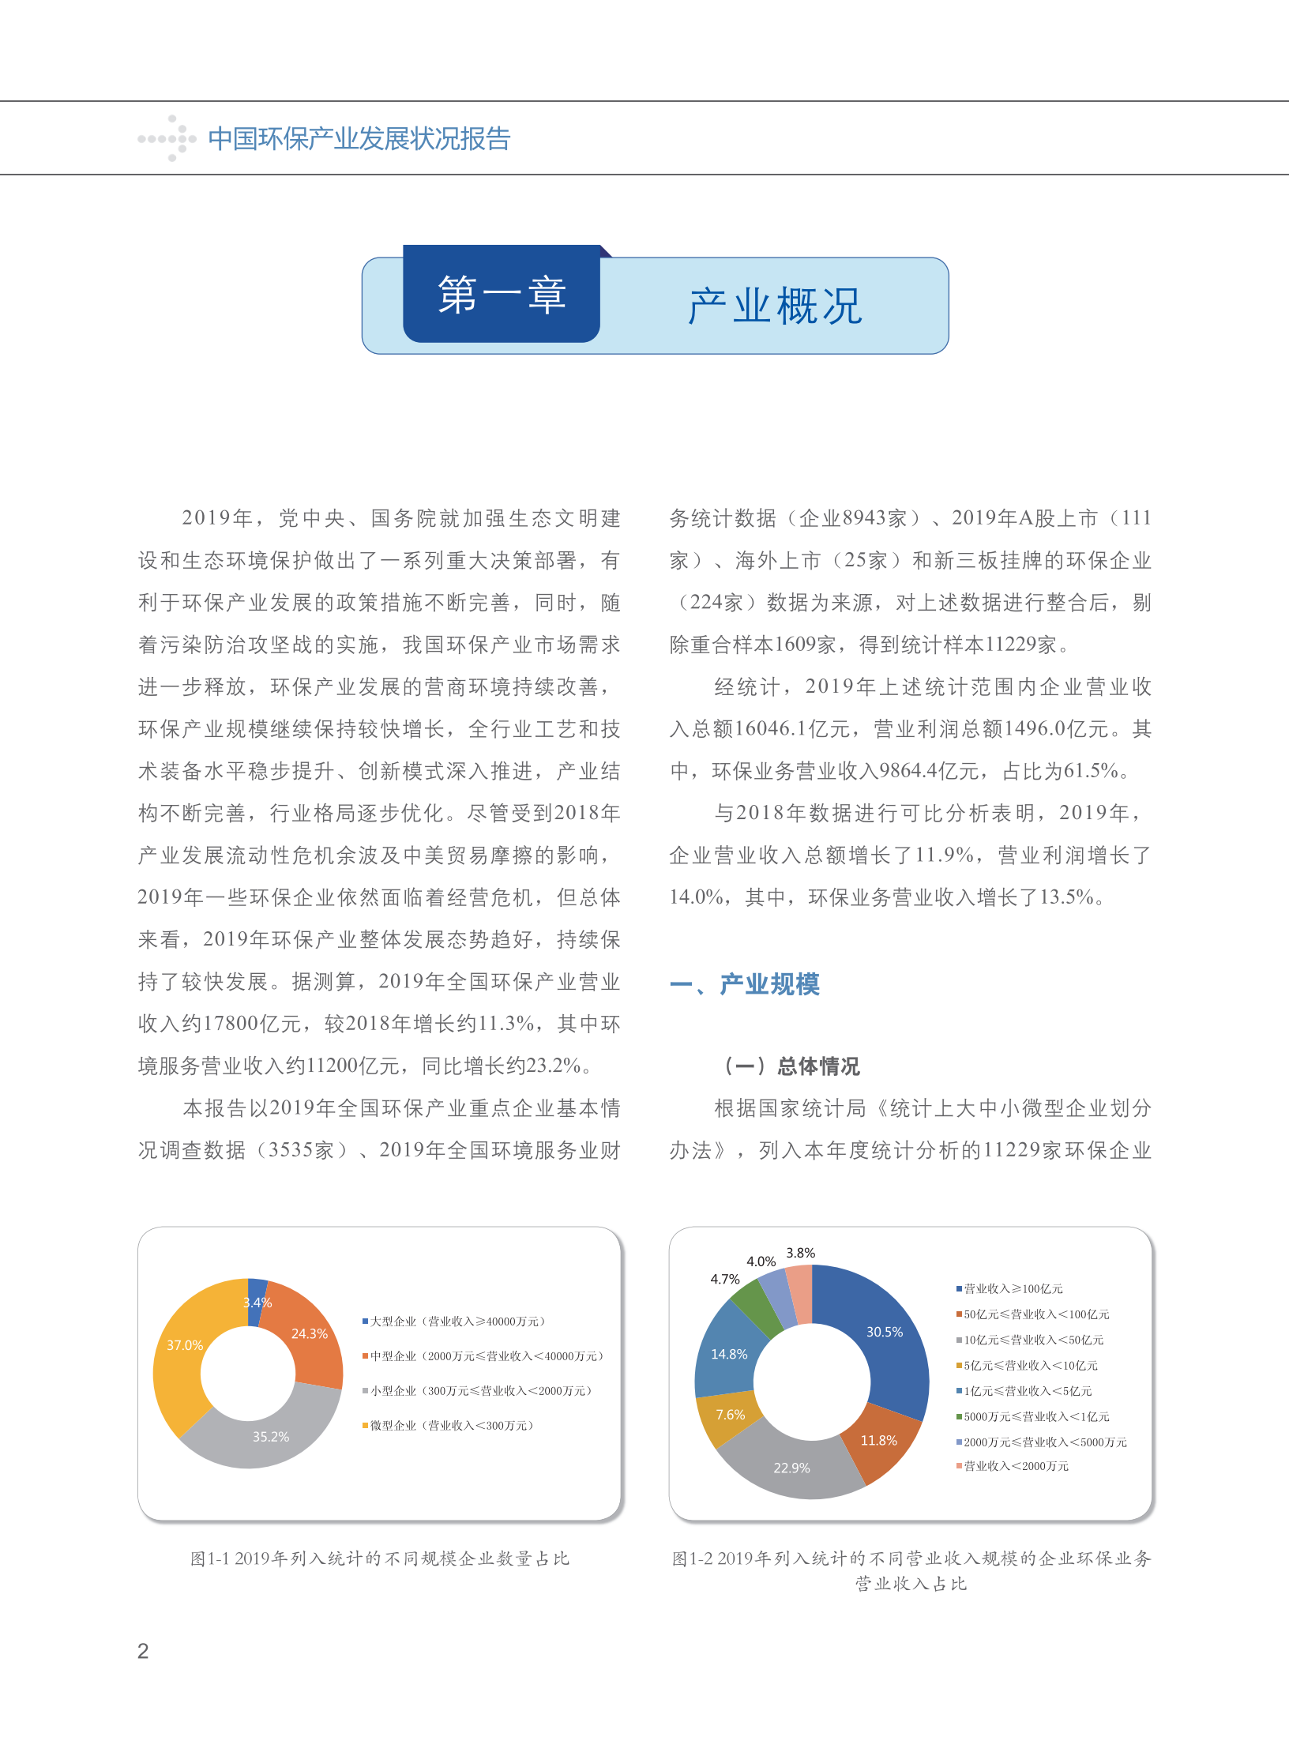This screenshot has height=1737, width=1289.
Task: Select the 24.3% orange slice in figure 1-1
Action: pyautogui.click(x=307, y=1336)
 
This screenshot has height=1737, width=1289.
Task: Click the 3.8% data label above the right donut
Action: pyautogui.click(x=800, y=1253)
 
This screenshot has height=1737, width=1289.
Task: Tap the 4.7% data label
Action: pyautogui.click(x=724, y=1279)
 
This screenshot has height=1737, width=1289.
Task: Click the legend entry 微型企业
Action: pyautogui.click(x=451, y=1426)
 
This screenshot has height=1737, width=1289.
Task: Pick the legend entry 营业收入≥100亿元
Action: pyautogui.click(x=1012, y=1289)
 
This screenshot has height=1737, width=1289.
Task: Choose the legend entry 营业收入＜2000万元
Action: pyautogui.click(x=1015, y=1466)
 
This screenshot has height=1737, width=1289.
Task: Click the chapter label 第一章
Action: pyautogui.click(x=502, y=295)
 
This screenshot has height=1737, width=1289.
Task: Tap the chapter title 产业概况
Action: pyautogui.click(x=775, y=306)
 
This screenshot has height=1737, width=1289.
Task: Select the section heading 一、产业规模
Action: pyautogui.click(x=745, y=984)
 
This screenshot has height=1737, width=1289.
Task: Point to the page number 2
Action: pyautogui.click(x=143, y=1651)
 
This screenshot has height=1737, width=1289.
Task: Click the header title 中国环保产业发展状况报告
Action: pyautogui.click(x=359, y=139)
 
